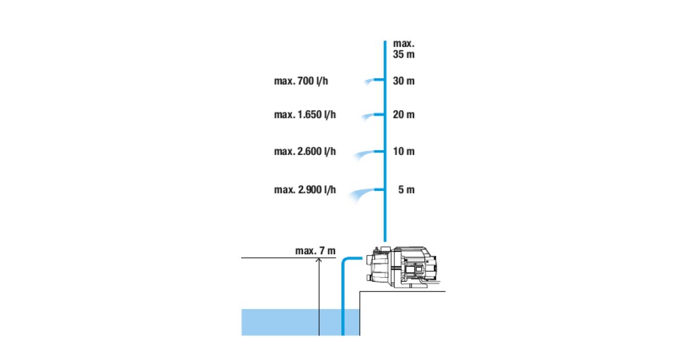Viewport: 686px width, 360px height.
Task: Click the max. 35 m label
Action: (x=404, y=49)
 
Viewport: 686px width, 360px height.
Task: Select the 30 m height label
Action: (x=404, y=81)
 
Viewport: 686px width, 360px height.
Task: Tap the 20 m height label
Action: (x=404, y=114)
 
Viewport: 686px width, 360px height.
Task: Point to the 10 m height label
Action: (x=404, y=151)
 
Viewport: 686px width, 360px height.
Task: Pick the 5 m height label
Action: (x=406, y=190)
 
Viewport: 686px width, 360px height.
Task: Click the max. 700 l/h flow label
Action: (x=301, y=81)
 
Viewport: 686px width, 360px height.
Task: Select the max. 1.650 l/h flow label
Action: (x=305, y=114)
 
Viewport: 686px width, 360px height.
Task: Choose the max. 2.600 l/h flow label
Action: (x=305, y=151)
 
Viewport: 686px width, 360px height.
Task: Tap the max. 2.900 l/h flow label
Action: (x=305, y=190)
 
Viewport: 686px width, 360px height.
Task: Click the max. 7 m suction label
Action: (x=316, y=251)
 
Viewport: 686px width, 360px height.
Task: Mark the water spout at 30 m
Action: (x=369, y=81)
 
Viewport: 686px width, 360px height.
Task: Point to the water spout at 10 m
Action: (x=365, y=154)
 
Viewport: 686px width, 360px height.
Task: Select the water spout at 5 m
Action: (x=361, y=194)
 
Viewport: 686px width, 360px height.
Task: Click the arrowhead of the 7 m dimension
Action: (x=319, y=260)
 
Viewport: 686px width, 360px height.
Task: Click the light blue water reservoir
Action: (x=301, y=322)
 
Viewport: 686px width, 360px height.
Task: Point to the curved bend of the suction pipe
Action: (x=345, y=261)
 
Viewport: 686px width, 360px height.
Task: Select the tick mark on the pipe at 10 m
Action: (x=379, y=151)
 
